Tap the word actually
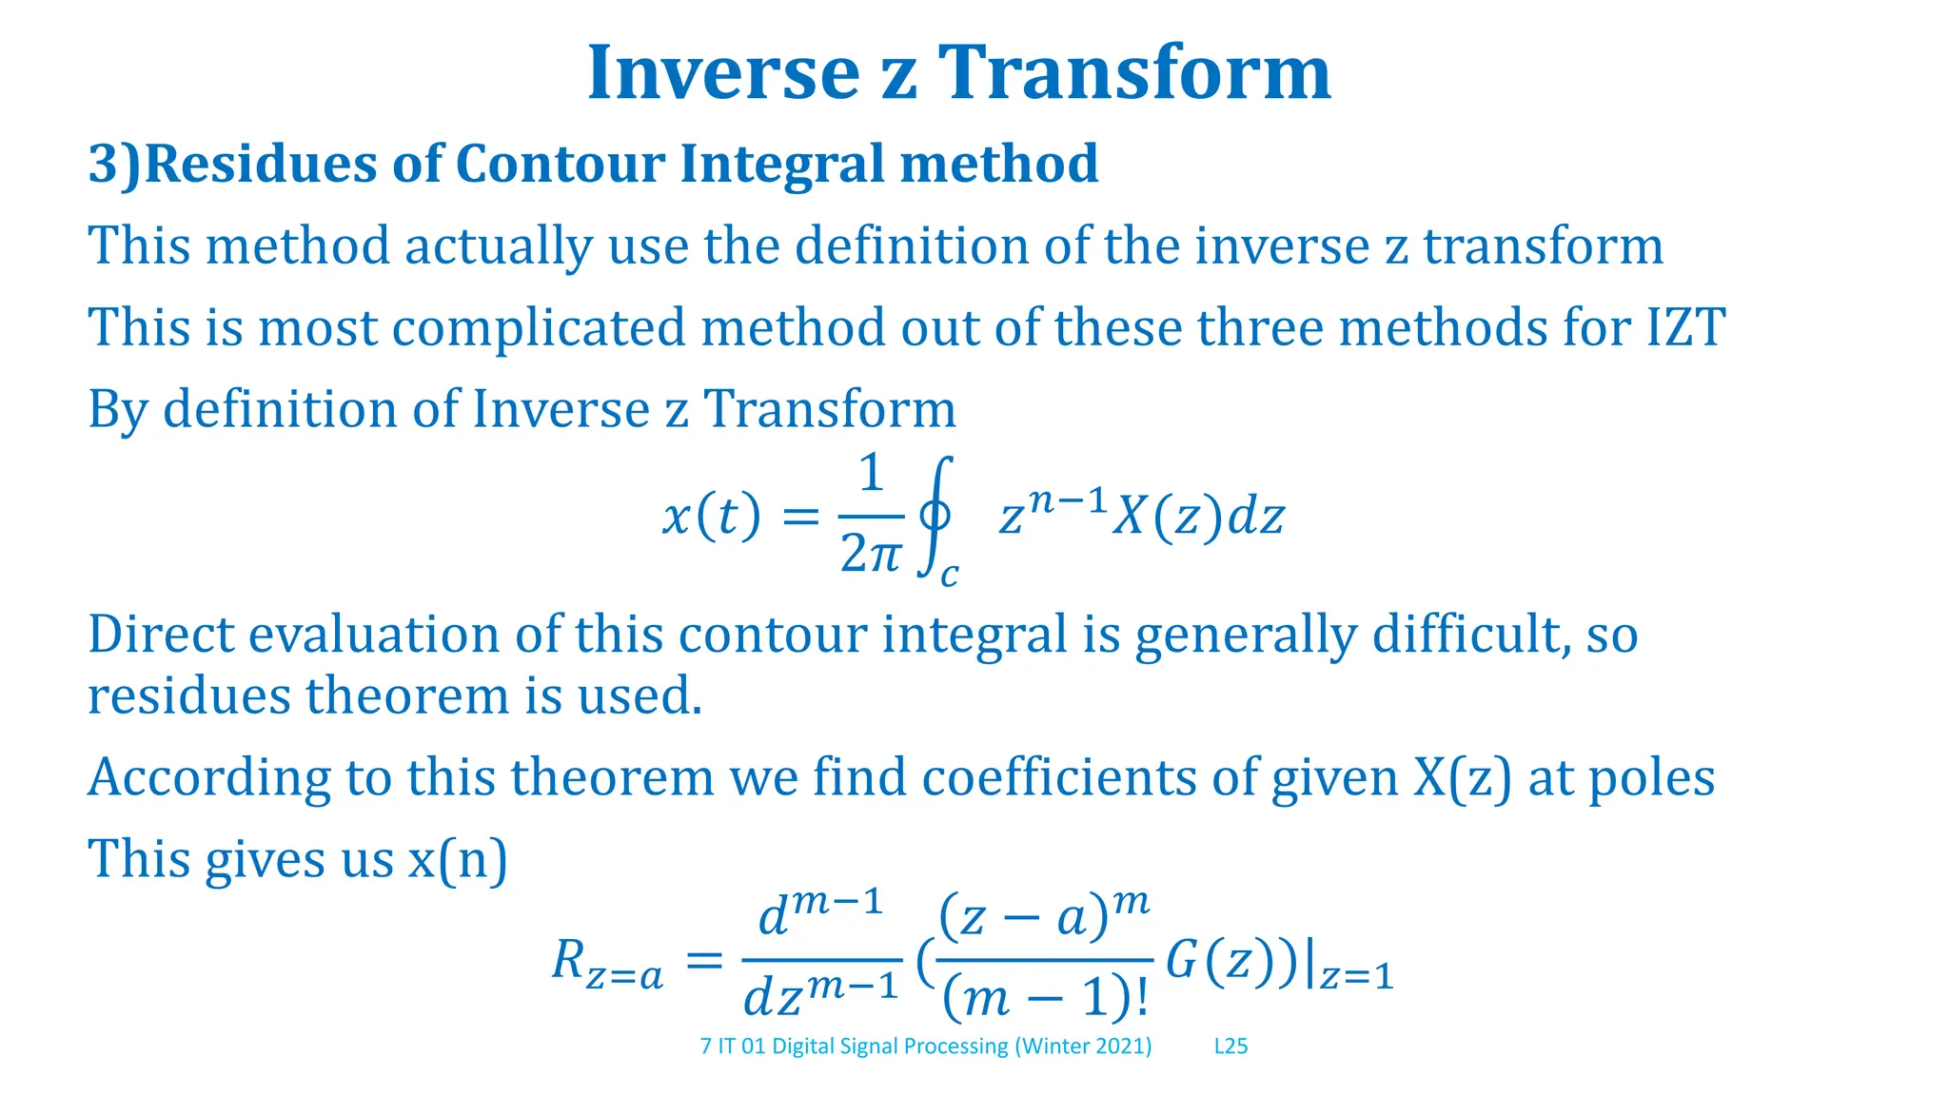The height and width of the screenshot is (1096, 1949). click(x=499, y=246)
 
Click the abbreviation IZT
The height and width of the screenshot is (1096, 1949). click(x=1684, y=328)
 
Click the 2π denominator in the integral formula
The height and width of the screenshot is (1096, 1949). click(x=869, y=554)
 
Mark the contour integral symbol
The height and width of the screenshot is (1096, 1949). click(x=935, y=517)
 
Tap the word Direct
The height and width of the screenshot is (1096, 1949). click(x=160, y=635)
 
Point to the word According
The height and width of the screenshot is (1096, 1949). click(x=208, y=778)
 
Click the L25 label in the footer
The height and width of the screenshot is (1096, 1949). click(x=1230, y=1047)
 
